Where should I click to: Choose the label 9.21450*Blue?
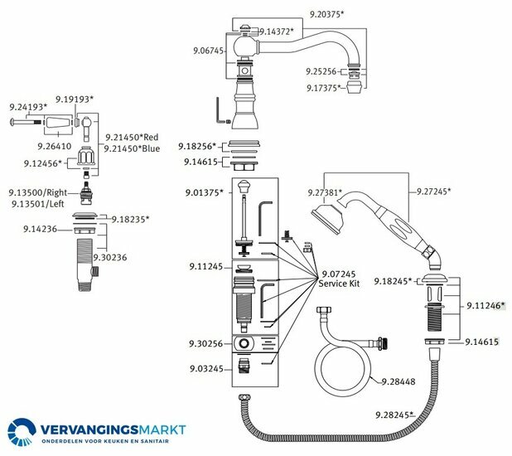click(x=132, y=148)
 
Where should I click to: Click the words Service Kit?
click(x=338, y=284)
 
